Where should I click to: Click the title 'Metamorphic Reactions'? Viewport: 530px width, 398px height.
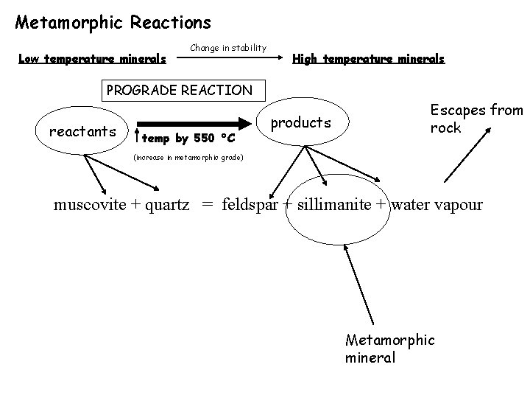pyautogui.click(x=113, y=23)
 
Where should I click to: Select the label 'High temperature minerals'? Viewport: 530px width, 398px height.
pyautogui.click(x=368, y=59)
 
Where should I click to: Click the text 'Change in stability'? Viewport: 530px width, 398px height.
pyautogui.click(x=228, y=48)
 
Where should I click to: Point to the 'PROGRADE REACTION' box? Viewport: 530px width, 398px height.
pyautogui.click(x=180, y=91)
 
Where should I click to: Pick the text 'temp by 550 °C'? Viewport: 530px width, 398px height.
pyautogui.click(x=188, y=139)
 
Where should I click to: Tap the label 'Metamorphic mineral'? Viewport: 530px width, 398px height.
pyautogui.click(x=390, y=349)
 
